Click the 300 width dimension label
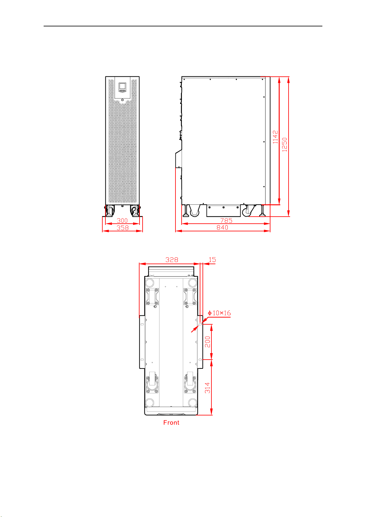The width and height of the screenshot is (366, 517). (122, 220)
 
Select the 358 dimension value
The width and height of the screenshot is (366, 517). (123, 228)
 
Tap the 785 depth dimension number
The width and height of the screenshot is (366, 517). (226, 220)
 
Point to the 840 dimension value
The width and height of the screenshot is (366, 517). (222, 227)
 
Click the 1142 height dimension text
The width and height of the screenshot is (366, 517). (275, 137)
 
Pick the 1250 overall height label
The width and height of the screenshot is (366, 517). (284, 145)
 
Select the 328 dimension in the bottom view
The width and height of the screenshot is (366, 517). (172, 260)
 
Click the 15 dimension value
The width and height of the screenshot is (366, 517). (212, 260)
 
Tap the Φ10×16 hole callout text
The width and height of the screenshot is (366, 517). (219, 313)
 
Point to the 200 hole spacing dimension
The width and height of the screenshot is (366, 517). (207, 342)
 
